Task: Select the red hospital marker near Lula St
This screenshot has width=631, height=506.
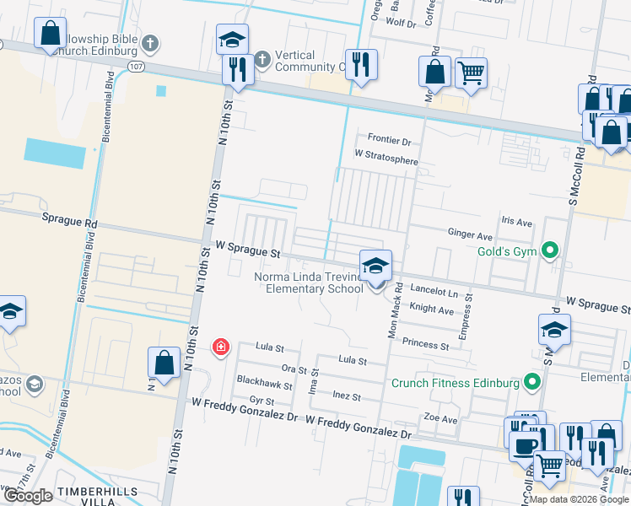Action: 221,347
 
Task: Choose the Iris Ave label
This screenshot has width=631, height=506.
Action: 517,223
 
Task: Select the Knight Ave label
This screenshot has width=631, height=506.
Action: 431,310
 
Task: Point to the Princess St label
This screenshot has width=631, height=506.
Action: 425,344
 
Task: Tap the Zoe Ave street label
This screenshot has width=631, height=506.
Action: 440,419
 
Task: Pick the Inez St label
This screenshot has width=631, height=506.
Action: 346,396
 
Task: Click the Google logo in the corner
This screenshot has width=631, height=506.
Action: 28,496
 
